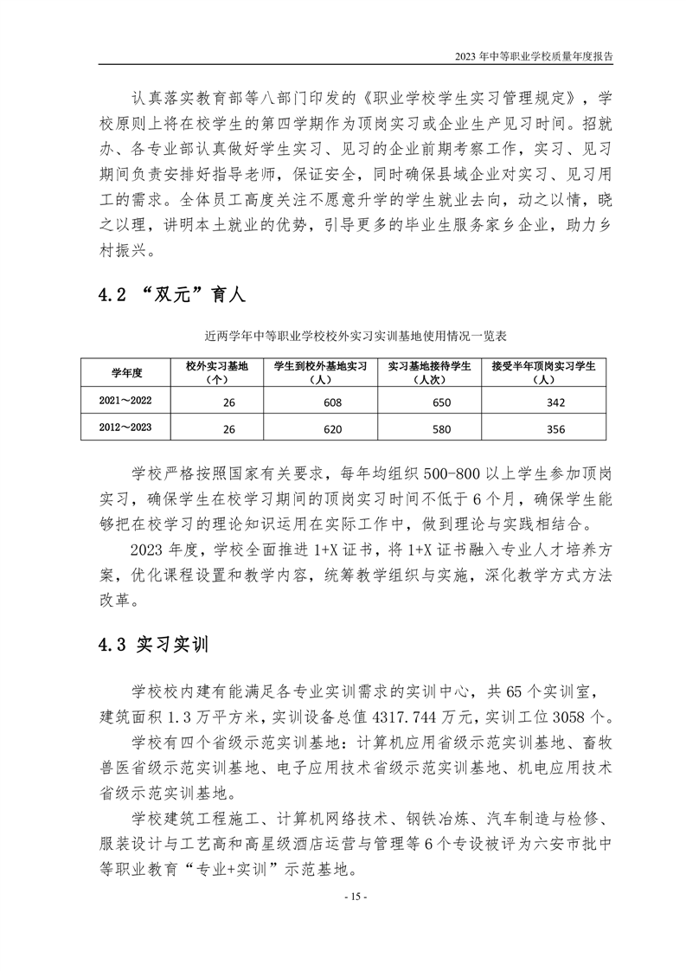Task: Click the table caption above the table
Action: pyautogui.click(x=343, y=333)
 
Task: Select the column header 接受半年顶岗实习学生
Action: pyautogui.click(x=543, y=373)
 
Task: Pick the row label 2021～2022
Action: pyautogui.click(x=126, y=402)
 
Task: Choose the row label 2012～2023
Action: pyautogui.click(x=126, y=428)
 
